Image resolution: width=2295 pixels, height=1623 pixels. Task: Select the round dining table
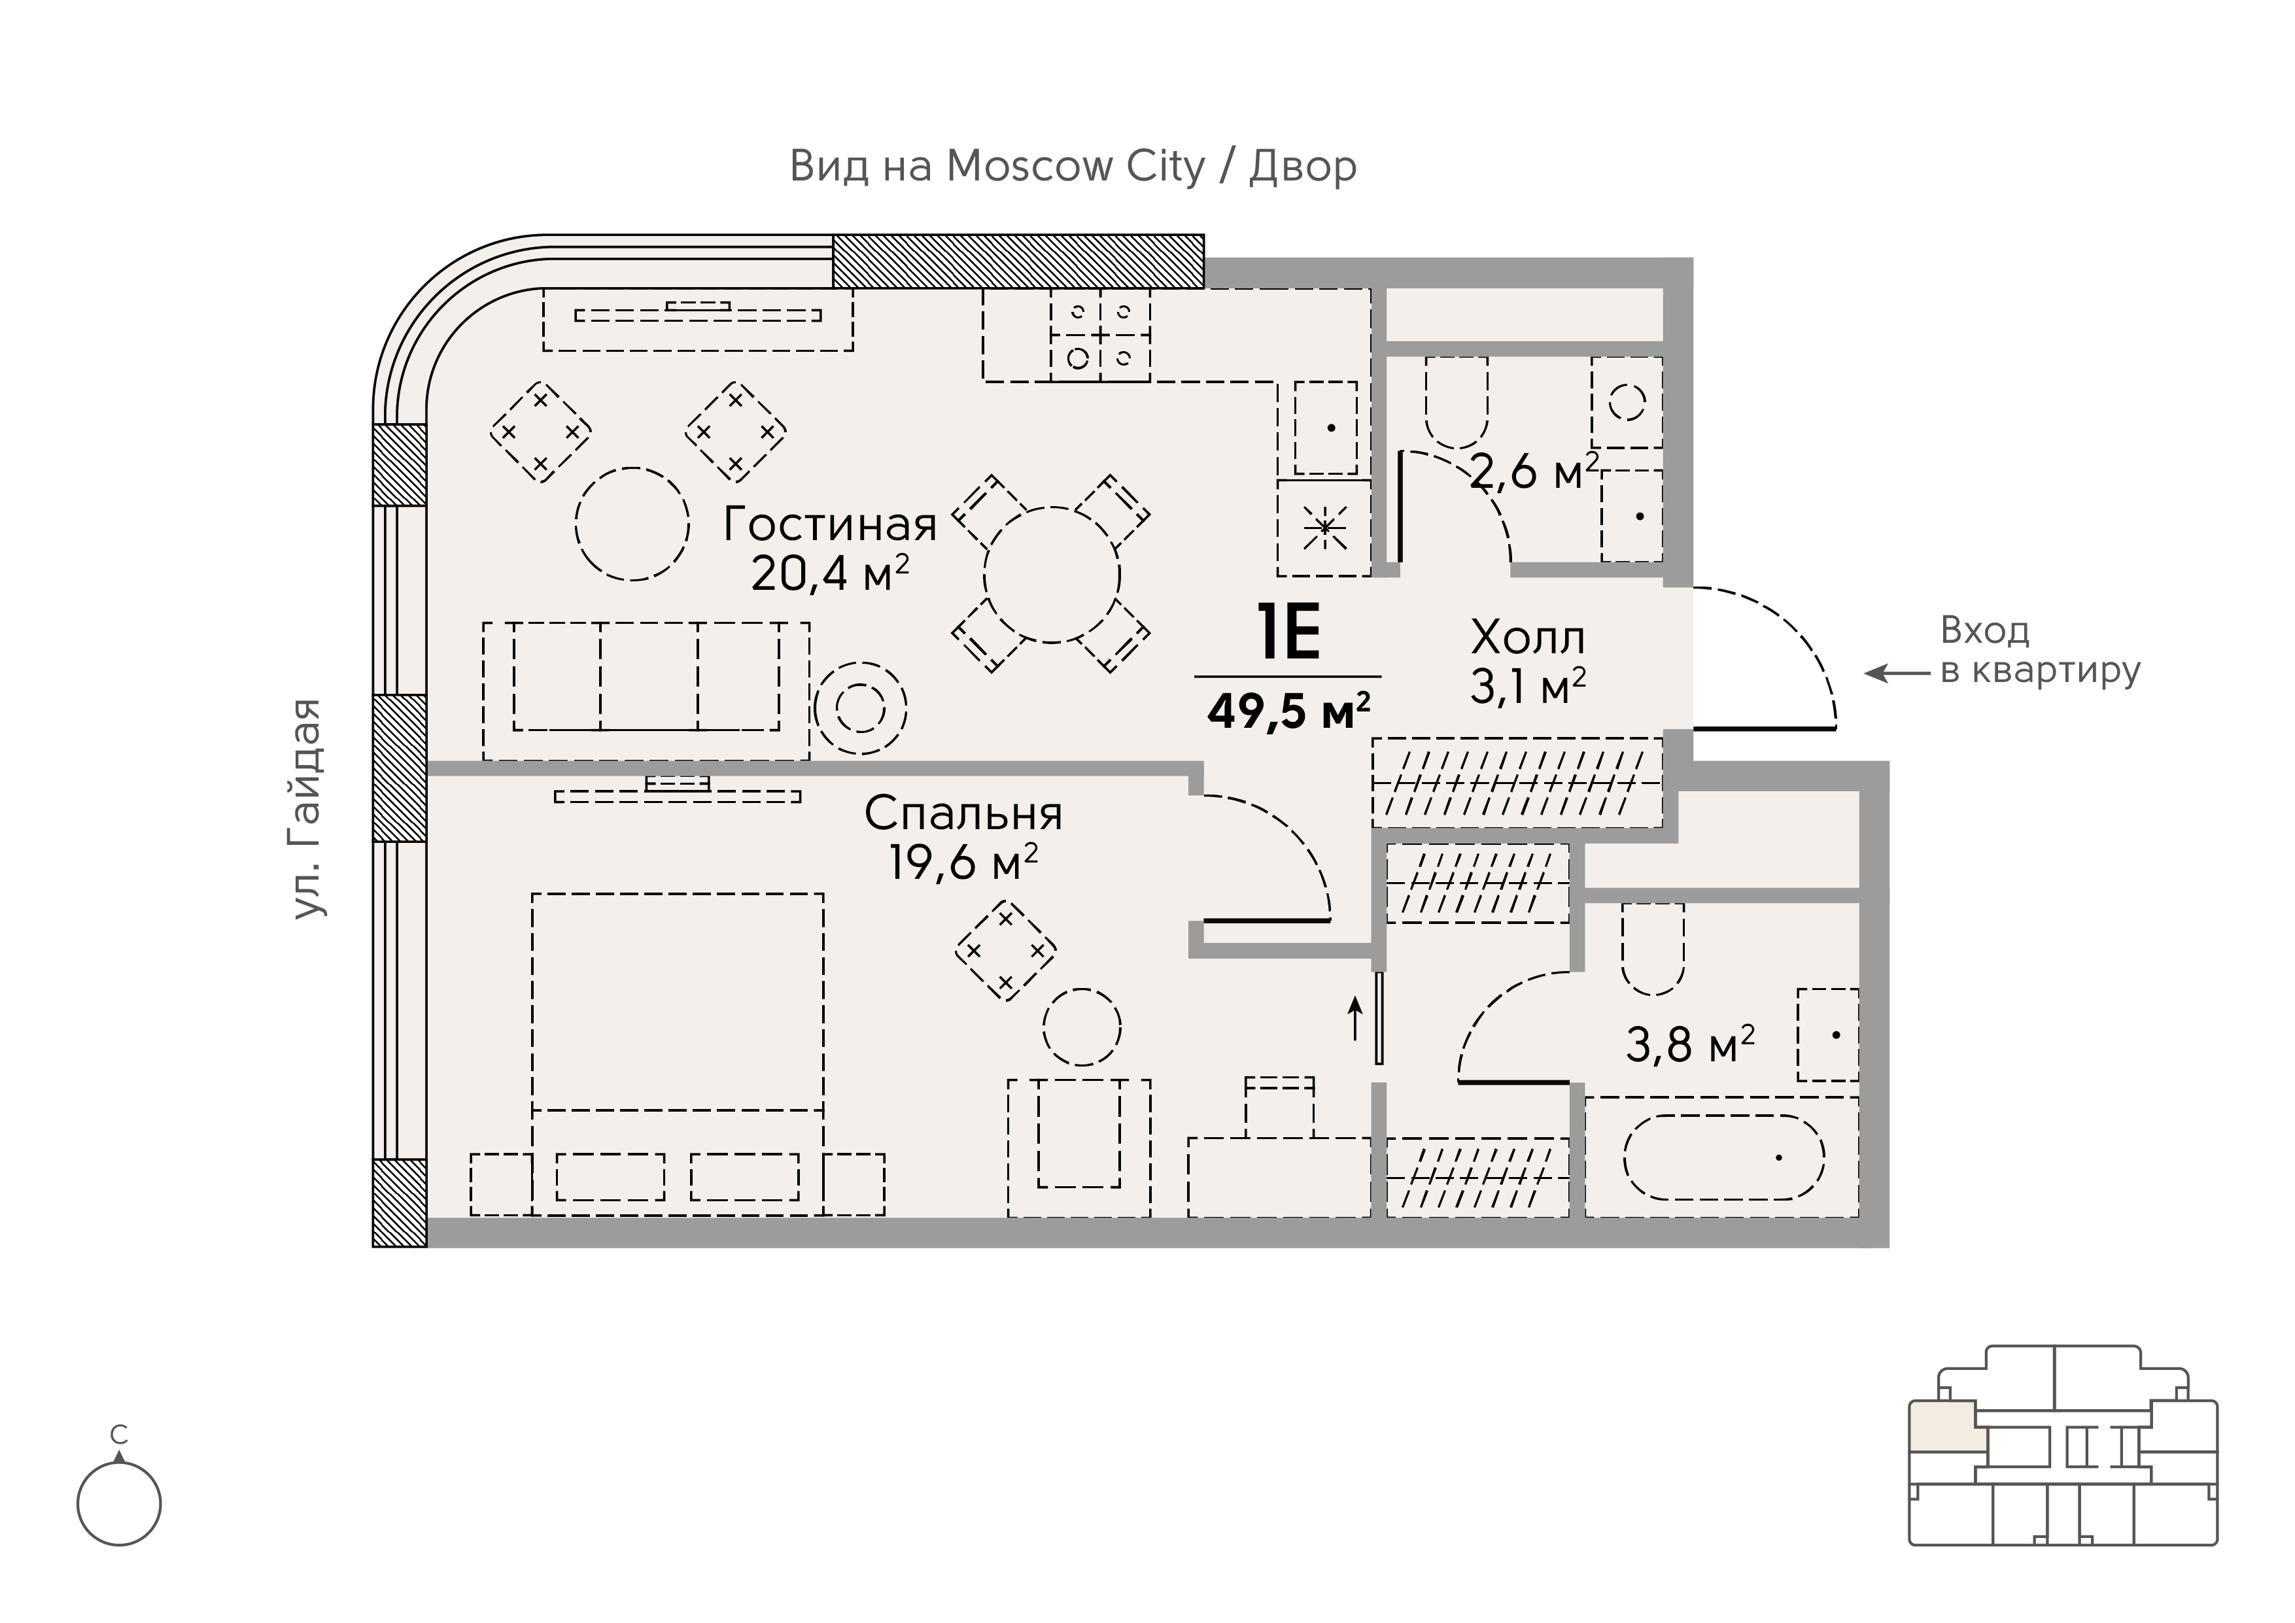1052,575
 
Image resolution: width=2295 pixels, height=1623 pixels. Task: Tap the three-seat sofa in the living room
646,691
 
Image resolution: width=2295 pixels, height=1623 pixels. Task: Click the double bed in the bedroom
678,1054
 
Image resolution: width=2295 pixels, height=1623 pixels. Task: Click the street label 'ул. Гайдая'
308,808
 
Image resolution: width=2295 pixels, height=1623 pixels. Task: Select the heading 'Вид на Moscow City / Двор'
1073,167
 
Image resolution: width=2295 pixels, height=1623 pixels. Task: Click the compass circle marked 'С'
119,1504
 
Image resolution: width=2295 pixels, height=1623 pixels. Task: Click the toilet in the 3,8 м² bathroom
1653,949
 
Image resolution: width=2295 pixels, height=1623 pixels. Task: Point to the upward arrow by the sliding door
1355,1018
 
